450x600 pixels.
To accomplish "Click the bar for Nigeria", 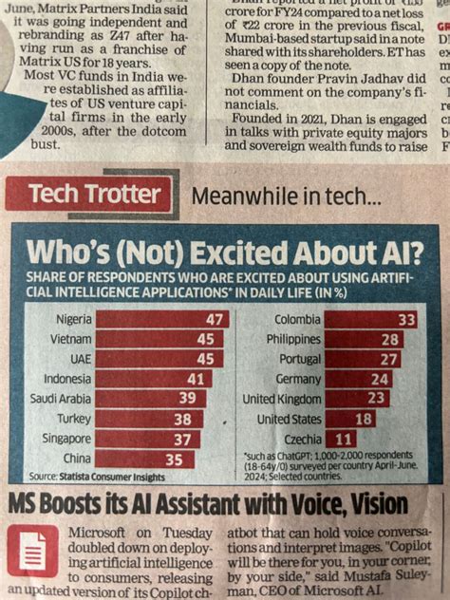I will pos(161,319).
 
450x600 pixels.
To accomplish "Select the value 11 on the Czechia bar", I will pos(344,439).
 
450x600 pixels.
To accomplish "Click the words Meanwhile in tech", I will pos(286,197).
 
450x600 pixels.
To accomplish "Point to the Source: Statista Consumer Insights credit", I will pos(96,476).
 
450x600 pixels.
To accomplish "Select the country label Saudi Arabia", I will pos(60,399).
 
